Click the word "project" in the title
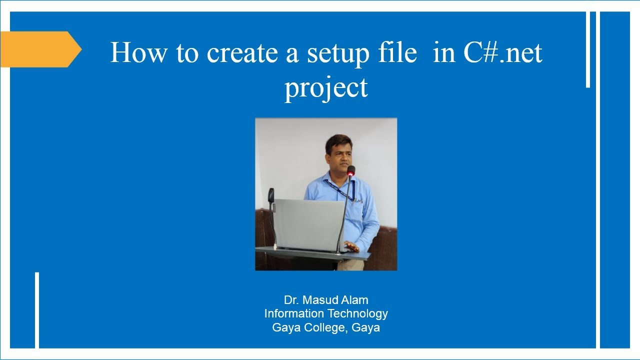[326, 88]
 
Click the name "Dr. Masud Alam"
[326, 300]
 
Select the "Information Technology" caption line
[326, 313]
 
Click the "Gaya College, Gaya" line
[326, 327]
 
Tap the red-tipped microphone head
[351, 170]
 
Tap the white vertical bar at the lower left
[37, 310]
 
